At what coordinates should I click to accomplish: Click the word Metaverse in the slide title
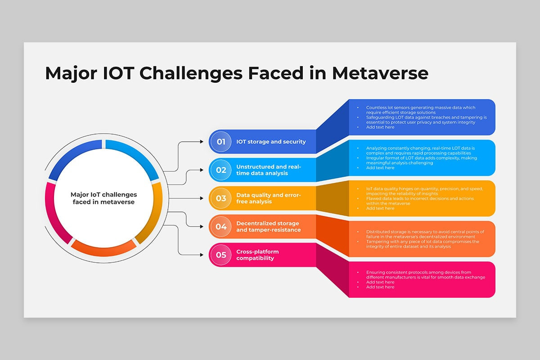[x=380, y=73]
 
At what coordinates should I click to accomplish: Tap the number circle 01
[x=221, y=142]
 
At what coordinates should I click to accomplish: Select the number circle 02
[x=221, y=170]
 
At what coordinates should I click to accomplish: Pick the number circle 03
[x=221, y=198]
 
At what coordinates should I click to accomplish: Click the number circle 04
[x=221, y=227]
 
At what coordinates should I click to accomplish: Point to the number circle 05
[x=221, y=255]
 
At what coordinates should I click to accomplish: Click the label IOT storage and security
[x=271, y=142]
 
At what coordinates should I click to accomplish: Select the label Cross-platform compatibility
[x=257, y=255]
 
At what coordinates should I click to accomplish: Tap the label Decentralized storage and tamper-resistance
[x=269, y=227]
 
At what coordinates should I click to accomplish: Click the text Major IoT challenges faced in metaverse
[x=103, y=198]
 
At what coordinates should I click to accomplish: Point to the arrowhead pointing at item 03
[x=202, y=198]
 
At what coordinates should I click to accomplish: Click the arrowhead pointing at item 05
[x=202, y=255]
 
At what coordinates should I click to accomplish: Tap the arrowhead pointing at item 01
[x=202, y=142]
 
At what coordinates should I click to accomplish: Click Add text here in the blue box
[x=380, y=127]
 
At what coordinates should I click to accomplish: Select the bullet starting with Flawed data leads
[x=420, y=201]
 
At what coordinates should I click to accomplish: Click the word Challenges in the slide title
[x=191, y=74]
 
